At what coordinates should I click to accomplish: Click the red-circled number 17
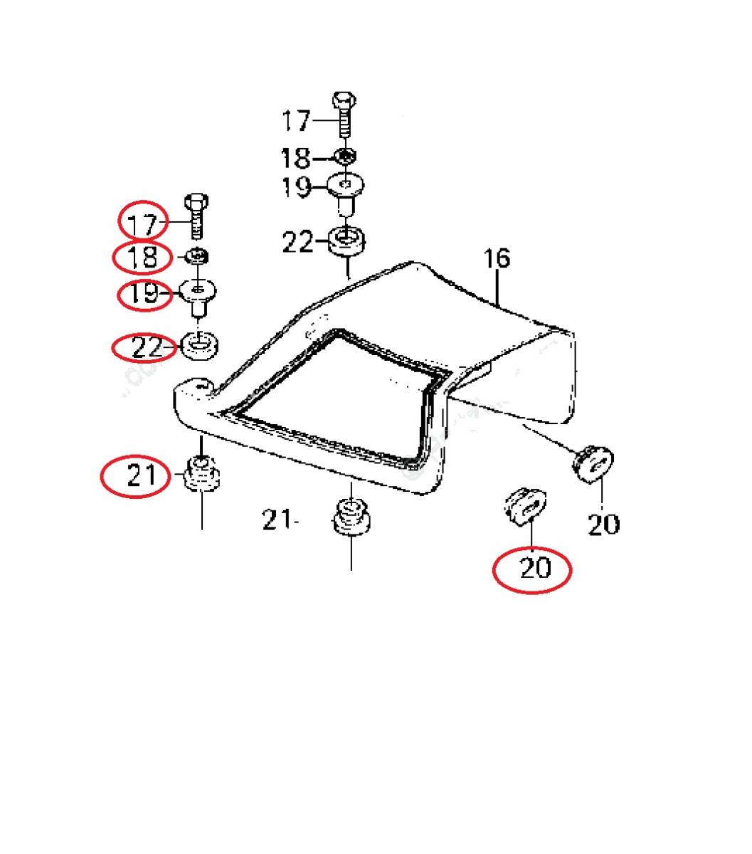click(142, 225)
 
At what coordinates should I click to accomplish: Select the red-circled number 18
click(142, 258)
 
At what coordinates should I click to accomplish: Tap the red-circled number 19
click(143, 293)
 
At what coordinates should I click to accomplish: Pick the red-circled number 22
click(147, 348)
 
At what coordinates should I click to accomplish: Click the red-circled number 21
click(142, 475)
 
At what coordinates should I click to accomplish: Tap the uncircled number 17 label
click(297, 120)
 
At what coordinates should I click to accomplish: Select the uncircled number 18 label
click(296, 159)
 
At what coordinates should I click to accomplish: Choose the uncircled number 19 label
click(297, 187)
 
